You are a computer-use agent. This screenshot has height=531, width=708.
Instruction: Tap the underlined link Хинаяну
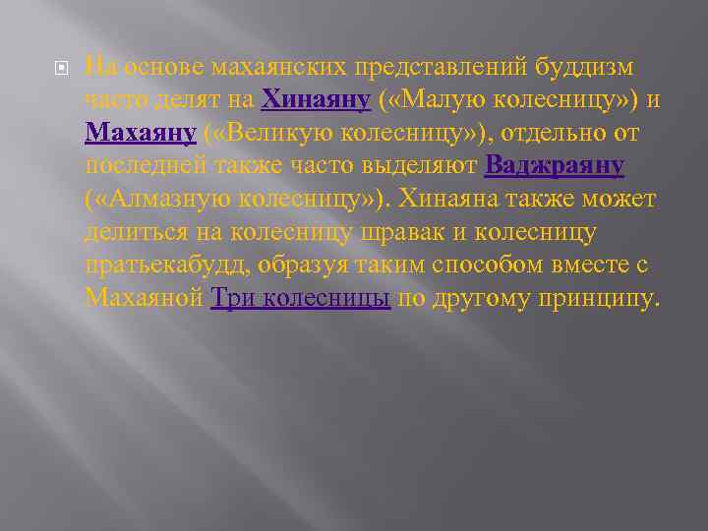tap(316, 99)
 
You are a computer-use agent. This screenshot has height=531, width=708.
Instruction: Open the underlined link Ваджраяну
tap(555, 165)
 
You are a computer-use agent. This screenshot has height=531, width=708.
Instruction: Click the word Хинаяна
tap(464, 199)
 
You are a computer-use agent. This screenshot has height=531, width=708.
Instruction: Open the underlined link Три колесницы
tap(301, 298)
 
